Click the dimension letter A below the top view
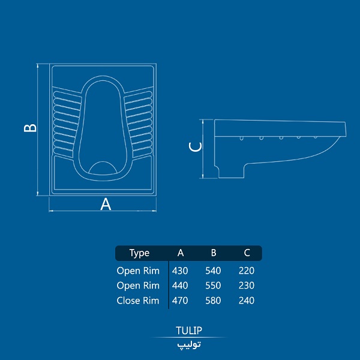tap(106, 204)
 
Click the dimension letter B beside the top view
tap(30, 128)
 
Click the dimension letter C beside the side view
tap(195, 147)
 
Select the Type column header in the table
tap(139, 253)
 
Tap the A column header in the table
tap(181, 253)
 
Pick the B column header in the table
tap(214, 253)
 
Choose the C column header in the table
tap(247, 253)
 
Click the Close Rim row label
tap(138, 301)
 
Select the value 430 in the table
tap(180, 271)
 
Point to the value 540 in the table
tap(213, 271)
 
